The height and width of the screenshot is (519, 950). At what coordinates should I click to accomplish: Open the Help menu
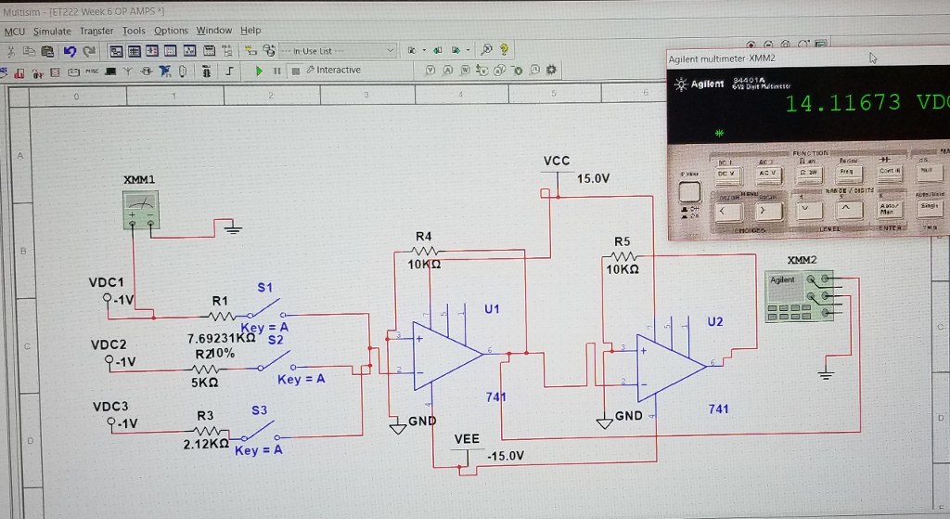click(250, 31)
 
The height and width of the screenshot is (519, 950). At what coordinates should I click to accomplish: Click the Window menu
click(214, 31)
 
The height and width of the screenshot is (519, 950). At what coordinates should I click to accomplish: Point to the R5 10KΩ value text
click(622, 269)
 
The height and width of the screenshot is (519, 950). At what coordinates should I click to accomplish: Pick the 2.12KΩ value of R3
click(206, 444)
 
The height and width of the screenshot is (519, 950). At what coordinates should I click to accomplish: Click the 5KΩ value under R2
click(204, 382)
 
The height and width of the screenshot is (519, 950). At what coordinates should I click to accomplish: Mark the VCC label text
click(556, 161)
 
